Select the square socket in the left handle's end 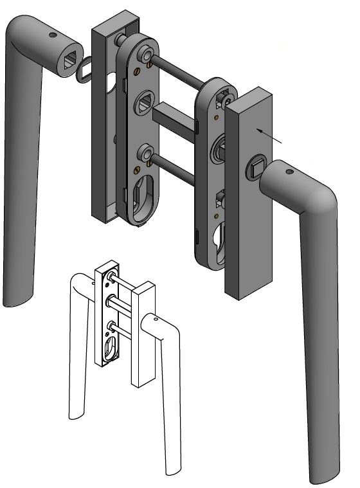(x=69, y=61)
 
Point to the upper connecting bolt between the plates (x=180, y=71)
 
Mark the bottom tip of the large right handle (x=322, y=476)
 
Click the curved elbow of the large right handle (x=321, y=199)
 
